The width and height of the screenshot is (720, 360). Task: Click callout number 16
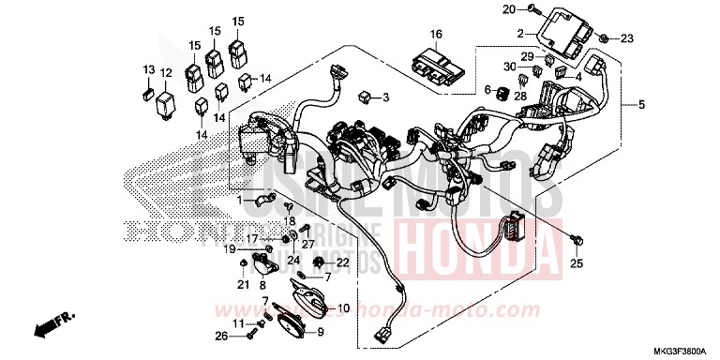click(435, 35)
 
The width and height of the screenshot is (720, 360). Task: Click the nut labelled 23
click(606, 38)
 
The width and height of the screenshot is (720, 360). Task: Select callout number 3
click(384, 97)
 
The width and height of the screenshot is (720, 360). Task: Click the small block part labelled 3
click(365, 96)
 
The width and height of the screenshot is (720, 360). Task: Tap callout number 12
click(165, 72)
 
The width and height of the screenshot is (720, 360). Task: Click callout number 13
click(147, 70)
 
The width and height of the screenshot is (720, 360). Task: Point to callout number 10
click(343, 307)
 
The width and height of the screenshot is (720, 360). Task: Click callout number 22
click(342, 262)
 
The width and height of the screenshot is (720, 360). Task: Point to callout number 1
click(239, 201)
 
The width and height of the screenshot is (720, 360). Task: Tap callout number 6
click(487, 89)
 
